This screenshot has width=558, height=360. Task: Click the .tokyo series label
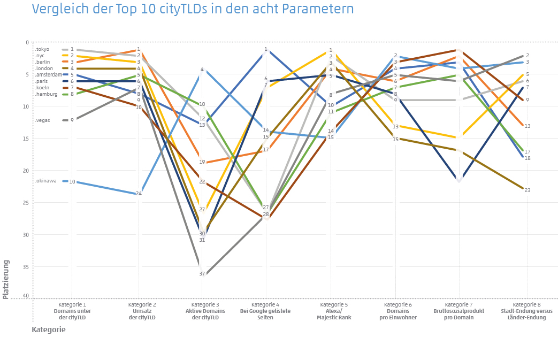pos(42,49)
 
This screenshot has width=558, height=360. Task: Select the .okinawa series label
pos(45,181)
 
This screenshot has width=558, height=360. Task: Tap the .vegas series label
pos(43,120)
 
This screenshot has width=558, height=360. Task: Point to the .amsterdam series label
pos(48,75)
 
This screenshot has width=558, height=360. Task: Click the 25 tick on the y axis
pos(27,203)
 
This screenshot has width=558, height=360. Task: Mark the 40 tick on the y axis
pos(27,296)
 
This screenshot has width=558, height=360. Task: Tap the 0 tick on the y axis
pos(28,42)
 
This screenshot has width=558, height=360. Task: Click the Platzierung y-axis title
pos(6,279)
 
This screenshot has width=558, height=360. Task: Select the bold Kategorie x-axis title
pos(48,330)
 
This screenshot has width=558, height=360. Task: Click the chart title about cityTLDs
pos(193,9)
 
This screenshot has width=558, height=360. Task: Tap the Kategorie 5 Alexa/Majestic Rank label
pos(331,311)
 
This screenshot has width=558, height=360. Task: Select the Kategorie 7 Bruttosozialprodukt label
pos(460,311)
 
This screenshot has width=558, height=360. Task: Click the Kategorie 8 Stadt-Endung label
pos(526,311)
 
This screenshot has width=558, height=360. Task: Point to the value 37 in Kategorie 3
pos(202,273)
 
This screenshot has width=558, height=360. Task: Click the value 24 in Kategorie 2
pos(139,193)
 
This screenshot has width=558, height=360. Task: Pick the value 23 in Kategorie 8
pos(527,190)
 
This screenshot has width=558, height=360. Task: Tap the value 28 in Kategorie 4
pos(266,214)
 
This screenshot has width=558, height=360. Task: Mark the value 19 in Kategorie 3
pos(202,162)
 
